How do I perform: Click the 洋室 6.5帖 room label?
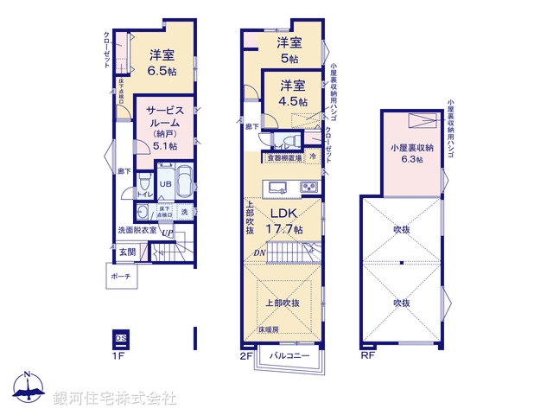[160, 61]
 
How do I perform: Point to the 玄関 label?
[127, 252]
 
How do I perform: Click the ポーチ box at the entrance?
[120, 277]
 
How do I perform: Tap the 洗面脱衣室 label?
[137, 231]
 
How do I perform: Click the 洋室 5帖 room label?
[289, 50]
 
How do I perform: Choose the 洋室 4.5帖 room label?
[292, 93]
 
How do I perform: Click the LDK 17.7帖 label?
[285, 221]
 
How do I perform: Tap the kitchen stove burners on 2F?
[309, 188]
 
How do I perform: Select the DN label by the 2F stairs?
[258, 252]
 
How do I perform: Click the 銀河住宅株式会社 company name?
[115, 399]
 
